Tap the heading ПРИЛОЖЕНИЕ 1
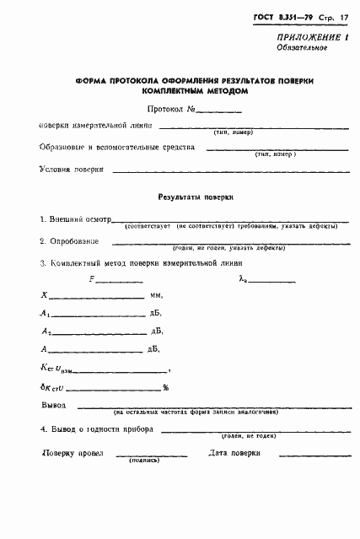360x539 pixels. tap(312, 39)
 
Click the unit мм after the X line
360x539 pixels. tap(156, 296)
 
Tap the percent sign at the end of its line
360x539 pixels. tap(166, 387)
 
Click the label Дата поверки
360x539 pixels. tap(233, 454)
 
